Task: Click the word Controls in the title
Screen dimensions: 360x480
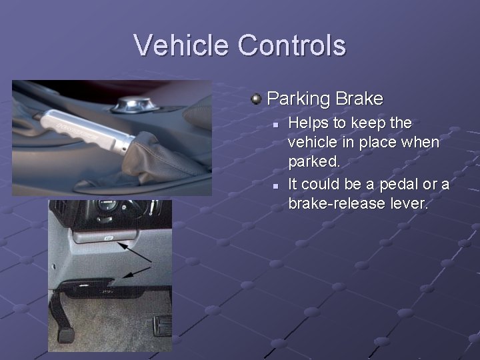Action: pos(291,45)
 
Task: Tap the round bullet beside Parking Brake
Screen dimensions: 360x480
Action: pos(256,99)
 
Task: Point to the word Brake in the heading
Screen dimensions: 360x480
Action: pos(359,99)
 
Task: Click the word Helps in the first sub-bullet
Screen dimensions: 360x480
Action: pos(308,123)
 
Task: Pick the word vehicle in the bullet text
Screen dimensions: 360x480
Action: pos(312,142)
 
